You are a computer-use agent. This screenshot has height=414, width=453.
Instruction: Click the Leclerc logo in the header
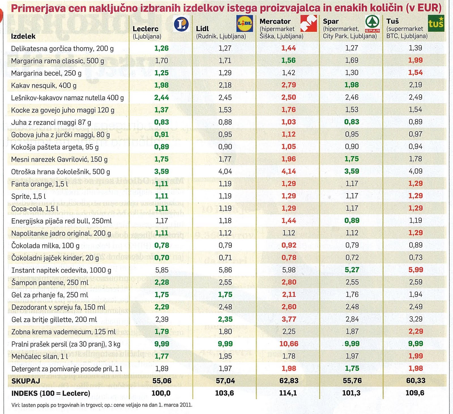click(181, 24)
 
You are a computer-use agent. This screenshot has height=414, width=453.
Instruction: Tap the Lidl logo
click(245, 24)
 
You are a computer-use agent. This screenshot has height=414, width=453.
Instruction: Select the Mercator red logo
click(308, 23)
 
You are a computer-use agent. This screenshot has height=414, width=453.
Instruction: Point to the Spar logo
click(372, 24)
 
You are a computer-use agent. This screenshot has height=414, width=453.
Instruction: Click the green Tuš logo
click(436, 23)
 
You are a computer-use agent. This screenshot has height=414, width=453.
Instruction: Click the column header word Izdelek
click(23, 36)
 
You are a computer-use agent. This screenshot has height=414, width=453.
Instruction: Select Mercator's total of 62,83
click(289, 381)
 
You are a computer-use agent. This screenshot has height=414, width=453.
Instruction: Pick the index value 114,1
click(289, 393)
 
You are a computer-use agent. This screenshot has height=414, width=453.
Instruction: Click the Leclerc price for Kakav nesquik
click(161, 85)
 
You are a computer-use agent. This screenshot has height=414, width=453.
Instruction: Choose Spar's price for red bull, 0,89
click(352, 220)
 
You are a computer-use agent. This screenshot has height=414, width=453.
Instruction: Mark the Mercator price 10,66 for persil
click(289, 344)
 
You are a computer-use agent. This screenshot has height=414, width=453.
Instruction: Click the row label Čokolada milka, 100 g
click(45, 245)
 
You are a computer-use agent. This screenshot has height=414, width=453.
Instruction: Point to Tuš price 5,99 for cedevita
click(416, 270)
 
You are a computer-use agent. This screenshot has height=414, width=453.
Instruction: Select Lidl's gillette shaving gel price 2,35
click(225, 319)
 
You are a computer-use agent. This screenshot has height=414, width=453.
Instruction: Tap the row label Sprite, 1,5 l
click(28, 196)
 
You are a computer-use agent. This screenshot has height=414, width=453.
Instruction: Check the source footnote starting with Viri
click(102, 405)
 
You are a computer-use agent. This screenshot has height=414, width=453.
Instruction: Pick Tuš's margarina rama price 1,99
click(415, 60)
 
